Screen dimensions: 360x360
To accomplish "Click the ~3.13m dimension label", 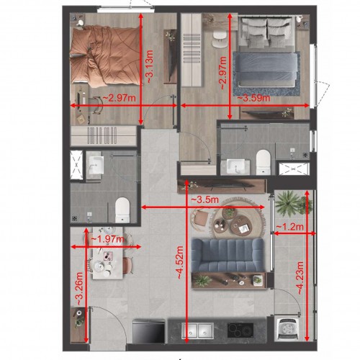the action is pos(150,67).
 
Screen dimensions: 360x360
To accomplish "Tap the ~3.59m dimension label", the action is pos(253,98).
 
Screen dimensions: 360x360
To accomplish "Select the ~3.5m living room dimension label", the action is pos(204,199).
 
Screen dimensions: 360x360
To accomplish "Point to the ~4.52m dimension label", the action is pos(180,263).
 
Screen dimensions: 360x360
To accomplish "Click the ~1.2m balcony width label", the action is pos(290,227).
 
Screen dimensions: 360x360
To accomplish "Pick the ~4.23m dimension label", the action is pos(300,278).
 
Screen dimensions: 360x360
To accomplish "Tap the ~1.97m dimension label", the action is pos(108,239).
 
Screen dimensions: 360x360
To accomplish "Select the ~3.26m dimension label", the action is pos(79,289).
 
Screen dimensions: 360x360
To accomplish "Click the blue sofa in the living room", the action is pos(228,255).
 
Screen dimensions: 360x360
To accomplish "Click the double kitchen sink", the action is pos(197,330).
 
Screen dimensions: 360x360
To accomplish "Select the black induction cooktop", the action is pos(240,330).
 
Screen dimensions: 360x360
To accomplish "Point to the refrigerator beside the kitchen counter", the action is pos(149,331).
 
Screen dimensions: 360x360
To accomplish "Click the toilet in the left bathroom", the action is pos(122,210).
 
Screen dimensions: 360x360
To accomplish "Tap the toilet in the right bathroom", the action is pos(264,162).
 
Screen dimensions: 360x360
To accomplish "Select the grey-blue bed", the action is pos(267,52).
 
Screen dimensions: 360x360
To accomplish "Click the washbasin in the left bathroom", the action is pos(95,165).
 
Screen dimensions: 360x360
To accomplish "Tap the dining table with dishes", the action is pos(108,253).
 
